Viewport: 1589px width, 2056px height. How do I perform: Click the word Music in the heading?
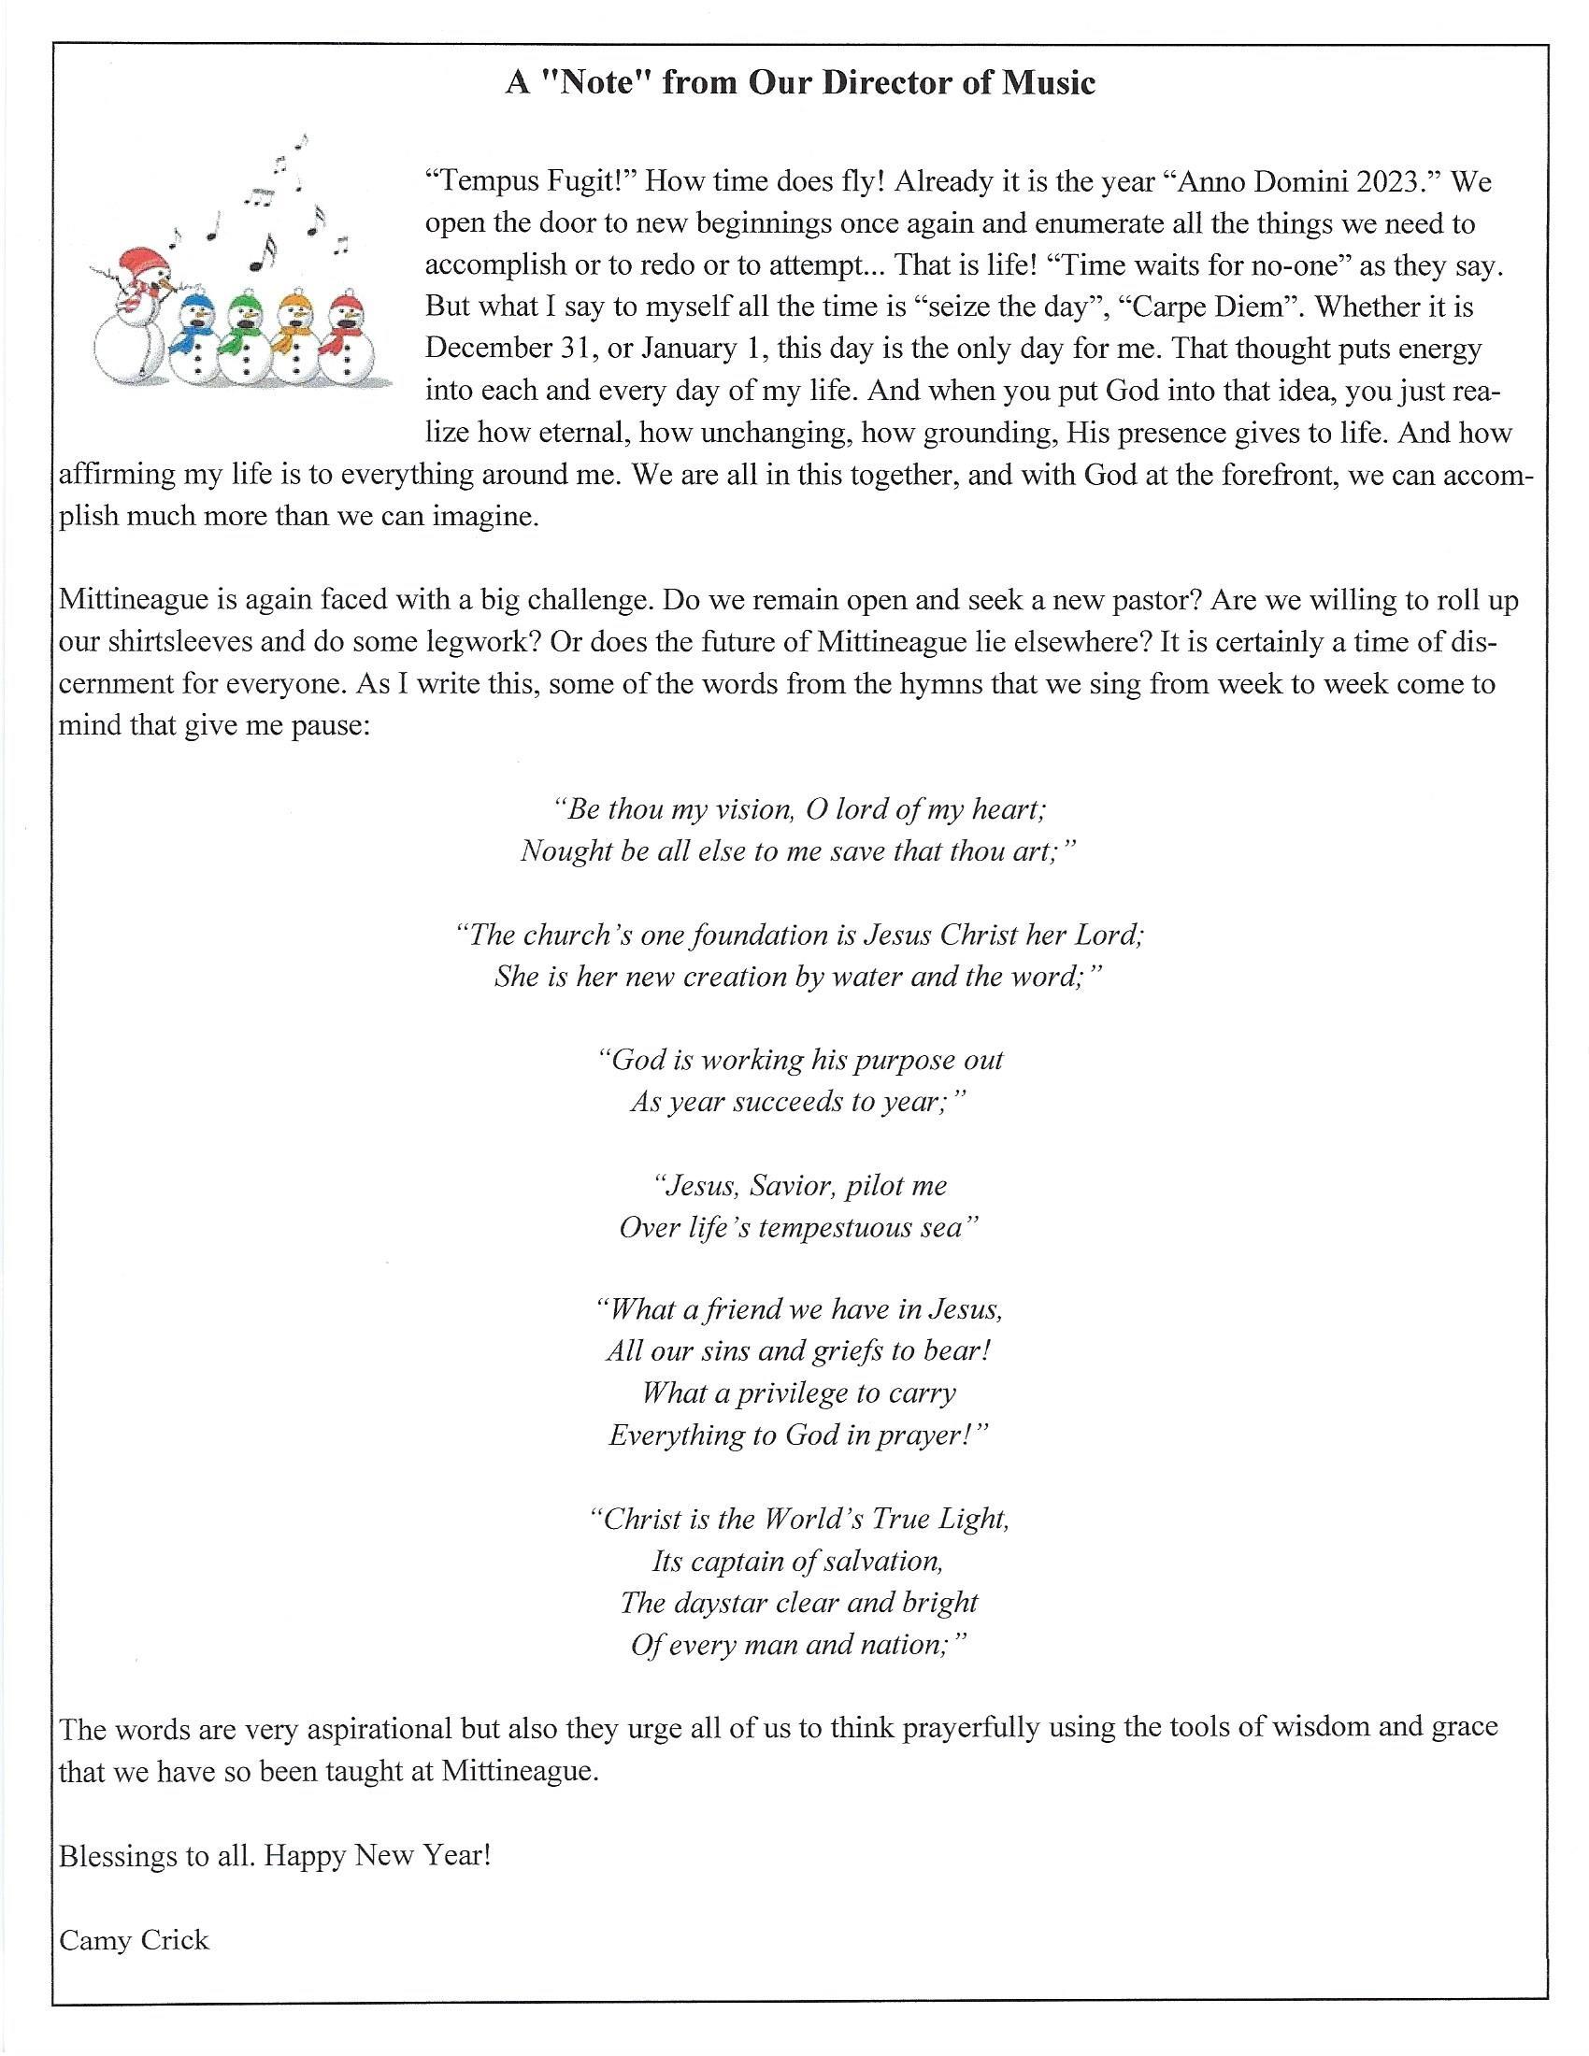pos(1048,84)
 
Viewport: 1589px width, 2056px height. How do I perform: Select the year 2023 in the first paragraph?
pos(1393,181)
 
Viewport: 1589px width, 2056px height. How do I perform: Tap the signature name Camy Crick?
pos(134,1939)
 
